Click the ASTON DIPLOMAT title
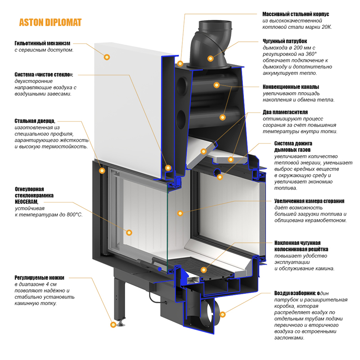[50, 22]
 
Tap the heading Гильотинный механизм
[43, 43]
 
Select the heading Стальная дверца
[35, 121]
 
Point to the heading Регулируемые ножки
[39, 278]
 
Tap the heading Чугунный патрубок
[285, 40]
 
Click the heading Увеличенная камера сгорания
[309, 201]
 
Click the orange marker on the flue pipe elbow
[210, 58]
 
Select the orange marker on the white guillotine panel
[107, 57]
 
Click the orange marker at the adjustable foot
[112, 323]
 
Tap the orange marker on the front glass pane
[129, 233]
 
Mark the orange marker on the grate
[203, 270]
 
